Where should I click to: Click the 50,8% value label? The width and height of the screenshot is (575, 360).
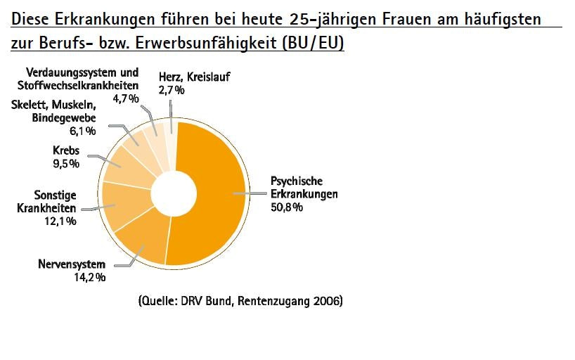coord(287,207)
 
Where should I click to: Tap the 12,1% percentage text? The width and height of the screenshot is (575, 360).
coord(61,221)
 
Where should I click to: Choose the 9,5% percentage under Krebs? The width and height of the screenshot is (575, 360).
coord(65,164)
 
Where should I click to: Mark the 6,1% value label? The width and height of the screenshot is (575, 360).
coord(83,130)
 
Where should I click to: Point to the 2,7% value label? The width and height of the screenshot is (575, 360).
coord(172,89)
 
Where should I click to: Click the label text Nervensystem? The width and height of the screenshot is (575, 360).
coord(72,264)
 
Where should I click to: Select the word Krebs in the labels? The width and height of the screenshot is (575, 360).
coord(66,151)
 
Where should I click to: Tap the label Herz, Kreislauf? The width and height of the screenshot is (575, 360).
coord(195,77)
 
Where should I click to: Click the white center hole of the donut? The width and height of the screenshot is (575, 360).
coord(174,193)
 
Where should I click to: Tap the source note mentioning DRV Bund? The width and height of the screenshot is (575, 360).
coord(240,302)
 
